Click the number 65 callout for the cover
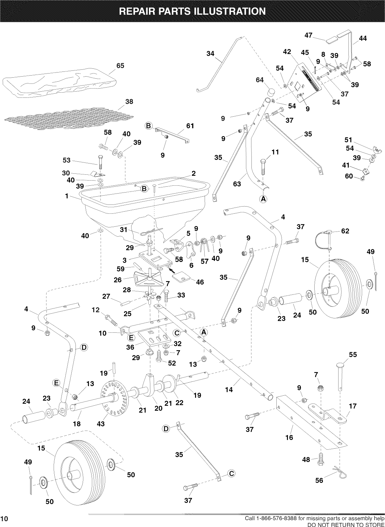pos(120,66)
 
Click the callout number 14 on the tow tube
pos(229,389)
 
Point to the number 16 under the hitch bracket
pos(289,437)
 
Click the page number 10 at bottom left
pos(4,518)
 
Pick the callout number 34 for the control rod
pos(211,53)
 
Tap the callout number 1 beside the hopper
pos(67,196)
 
